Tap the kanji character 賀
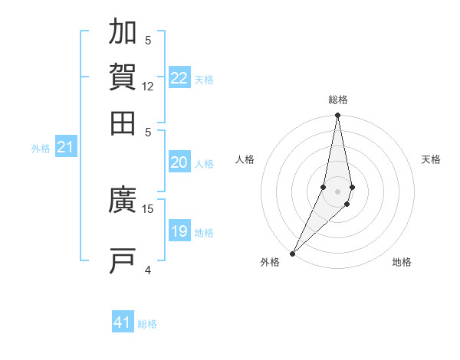[x=123, y=77]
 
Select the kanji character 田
[x=123, y=121]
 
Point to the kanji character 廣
[x=123, y=201]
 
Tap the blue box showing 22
[x=179, y=78]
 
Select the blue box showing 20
[x=179, y=162]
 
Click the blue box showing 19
[x=179, y=231]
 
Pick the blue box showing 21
[x=65, y=147]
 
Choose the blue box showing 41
[x=123, y=322]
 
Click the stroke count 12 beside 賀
[x=148, y=87]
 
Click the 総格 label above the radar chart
[x=338, y=100]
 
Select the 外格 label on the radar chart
[x=270, y=263]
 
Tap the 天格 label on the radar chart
[x=432, y=159]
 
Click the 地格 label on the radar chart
[x=402, y=263]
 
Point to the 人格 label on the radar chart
[x=245, y=159]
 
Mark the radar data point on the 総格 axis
[x=337, y=116]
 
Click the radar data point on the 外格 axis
[x=293, y=253]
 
